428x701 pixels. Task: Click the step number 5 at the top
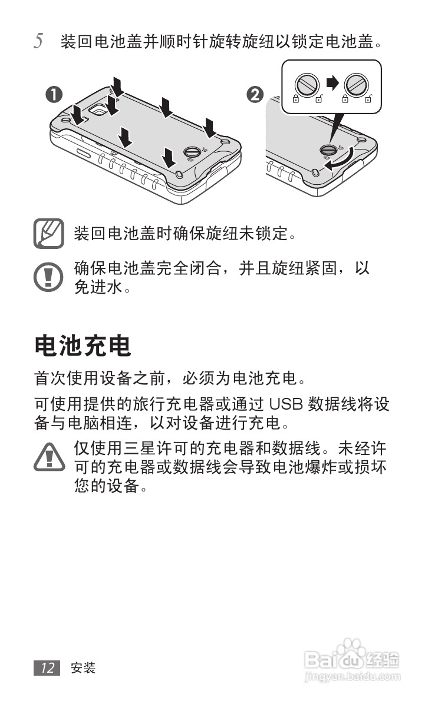[x=38, y=42]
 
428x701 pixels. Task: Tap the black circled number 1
[x=54, y=95]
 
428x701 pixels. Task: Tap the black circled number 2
[x=255, y=94]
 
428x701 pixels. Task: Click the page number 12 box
[x=47, y=667]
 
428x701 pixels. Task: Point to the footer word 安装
[x=83, y=668]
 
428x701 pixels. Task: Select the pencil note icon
[x=49, y=233]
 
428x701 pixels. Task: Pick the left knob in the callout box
[x=307, y=84]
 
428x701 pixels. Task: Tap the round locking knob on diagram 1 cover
[x=193, y=151]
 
